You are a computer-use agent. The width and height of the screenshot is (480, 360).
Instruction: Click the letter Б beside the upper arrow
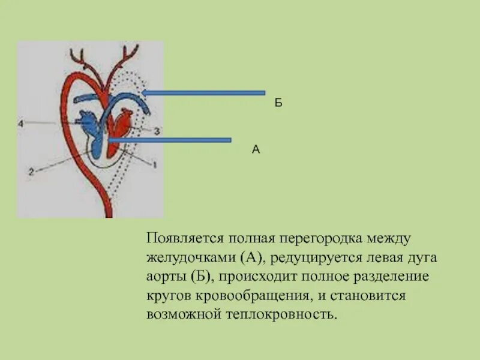(278, 103)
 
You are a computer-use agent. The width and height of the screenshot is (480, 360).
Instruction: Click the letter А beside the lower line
(256, 150)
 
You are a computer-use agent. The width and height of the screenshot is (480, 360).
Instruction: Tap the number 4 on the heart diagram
(20, 124)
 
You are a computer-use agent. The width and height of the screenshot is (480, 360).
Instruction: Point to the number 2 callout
(31, 171)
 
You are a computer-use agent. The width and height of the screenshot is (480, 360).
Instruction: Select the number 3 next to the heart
(156, 130)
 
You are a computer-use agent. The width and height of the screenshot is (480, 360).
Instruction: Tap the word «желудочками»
(191, 258)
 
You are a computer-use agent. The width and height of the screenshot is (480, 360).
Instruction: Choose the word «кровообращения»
(254, 296)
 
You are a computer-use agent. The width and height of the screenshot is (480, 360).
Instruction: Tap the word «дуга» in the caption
(424, 258)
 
